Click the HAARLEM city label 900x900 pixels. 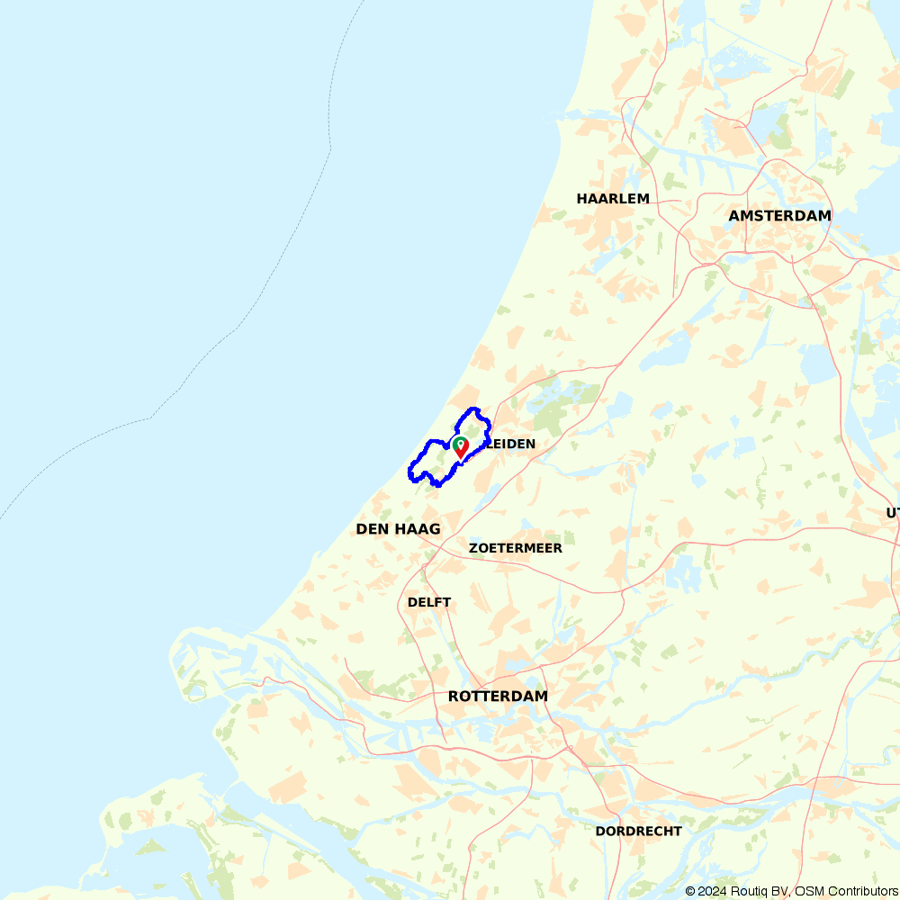click(x=613, y=198)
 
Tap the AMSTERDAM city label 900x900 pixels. click(x=779, y=216)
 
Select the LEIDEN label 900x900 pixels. click(x=511, y=444)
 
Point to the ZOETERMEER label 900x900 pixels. click(x=516, y=548)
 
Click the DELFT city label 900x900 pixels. click(x=429, y=602)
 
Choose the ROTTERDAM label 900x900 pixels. click(x=498, y=697)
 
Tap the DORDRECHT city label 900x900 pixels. click(x=638, y=831)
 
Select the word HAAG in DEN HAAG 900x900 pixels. click(x=418, y=529)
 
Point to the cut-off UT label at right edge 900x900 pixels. click(x=892, y=512)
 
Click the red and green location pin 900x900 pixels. click(x=460, y=447)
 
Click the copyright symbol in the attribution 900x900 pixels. click(x=690, y=891)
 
